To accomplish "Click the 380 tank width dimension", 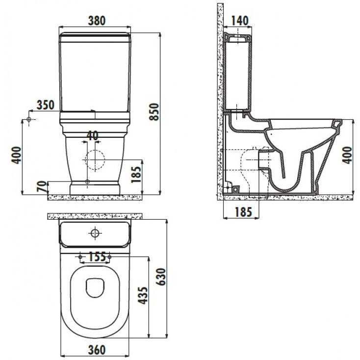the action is pyautogui.click(x=97, y=21).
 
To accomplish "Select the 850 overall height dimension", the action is pyautogui.click(x=154, y=112).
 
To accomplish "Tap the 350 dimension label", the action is pyautogui.click(x=46, y=105).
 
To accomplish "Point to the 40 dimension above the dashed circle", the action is pyautogui.click(x=93, y=135).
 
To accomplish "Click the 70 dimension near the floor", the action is pyautogui.click(x=42, y=186).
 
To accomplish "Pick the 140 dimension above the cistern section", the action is pyautogui.click(x=239, y=21).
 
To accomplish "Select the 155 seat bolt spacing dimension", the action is pyautogui.click(x=97, y=257).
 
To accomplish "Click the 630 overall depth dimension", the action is pyautogui.click(x=161, y=277).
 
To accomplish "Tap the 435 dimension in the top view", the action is pyautogui.click(x=144, y=295).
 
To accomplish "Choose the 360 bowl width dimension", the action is pyautogui.click(x=97, y=350).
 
